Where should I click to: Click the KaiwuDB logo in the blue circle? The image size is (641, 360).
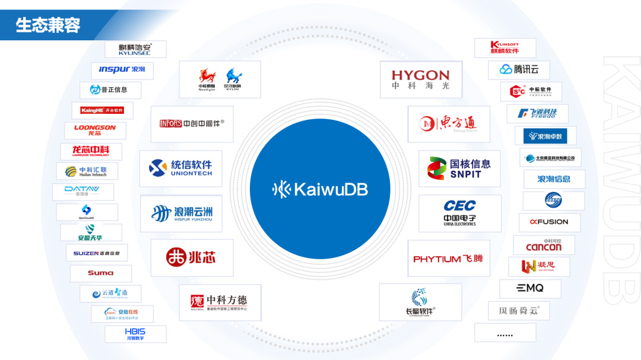pyautogui.click(x=320, y=189)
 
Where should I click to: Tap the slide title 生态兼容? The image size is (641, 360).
pyautogui.click(x=48, y=26)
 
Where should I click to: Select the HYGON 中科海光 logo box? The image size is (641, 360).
pyautogui.click(x=420, y=79)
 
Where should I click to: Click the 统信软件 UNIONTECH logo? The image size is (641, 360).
pyautogui.click(x=180, y=168)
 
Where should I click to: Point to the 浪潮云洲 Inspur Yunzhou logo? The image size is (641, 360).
pyautogui.click(x=181, y=214)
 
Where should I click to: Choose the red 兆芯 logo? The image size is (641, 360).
pyautogui.click(x=191, y=257)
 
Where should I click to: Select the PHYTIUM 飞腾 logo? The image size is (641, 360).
pyautogui.click(x=448, y=259)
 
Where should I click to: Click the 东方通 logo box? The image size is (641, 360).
pyautogui.click(x=449, y=123)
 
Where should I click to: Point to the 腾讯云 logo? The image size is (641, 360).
pyautogui.click(x=519, y=69)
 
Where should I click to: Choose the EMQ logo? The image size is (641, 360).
pyautogui.click(x=529, y=289)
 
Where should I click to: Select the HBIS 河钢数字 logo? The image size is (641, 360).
pyautogui.click(x=135, y=334)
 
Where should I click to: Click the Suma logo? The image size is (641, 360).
pyautogui.click(x=100, y=273)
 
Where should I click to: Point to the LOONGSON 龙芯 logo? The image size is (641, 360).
pyautogui.click(x=95, y=130)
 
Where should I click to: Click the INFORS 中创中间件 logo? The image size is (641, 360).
pyautogui.click(x=192, y=124)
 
